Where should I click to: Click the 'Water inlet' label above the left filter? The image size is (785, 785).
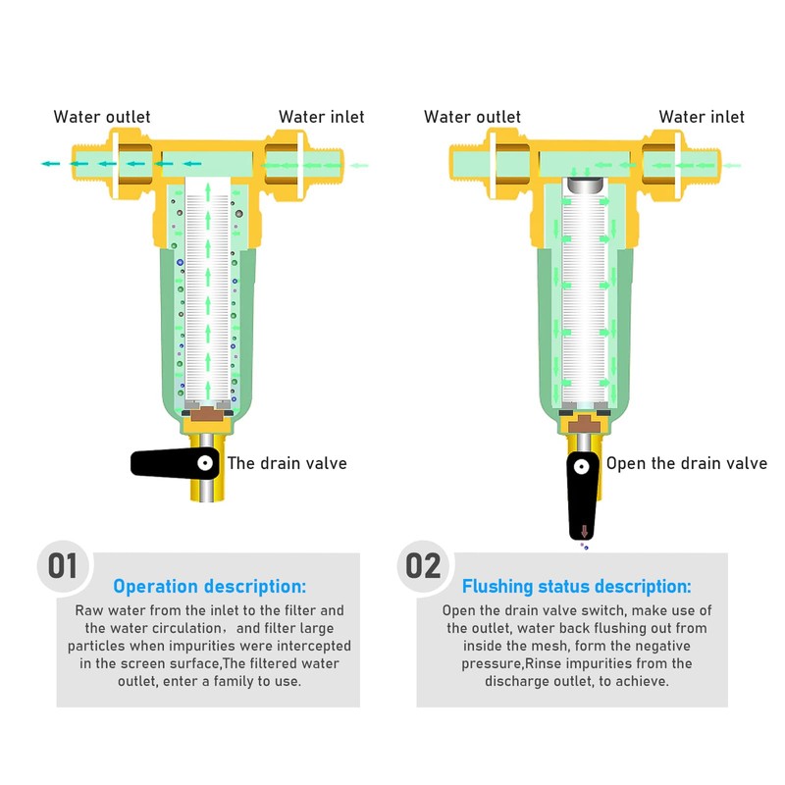pos(321,117)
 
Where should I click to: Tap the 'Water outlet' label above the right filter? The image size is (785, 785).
pos(472,117)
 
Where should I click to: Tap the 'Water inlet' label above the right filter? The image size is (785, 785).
pos(701,117)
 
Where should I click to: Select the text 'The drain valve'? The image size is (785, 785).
pos(288,463)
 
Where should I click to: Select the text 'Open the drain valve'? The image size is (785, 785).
pos(686,463)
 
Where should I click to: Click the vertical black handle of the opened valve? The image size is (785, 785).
pos(583,497)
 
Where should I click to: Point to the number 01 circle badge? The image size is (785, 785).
pos(63,566)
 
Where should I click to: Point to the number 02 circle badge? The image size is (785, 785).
pos(424,566)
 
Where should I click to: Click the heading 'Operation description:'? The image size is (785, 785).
pos(210,587)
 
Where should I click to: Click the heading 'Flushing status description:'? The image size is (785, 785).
pos(576,587)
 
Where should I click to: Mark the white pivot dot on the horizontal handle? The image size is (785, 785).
pos(205,462)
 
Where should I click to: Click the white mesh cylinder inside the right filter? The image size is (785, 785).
pos(585,294)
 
